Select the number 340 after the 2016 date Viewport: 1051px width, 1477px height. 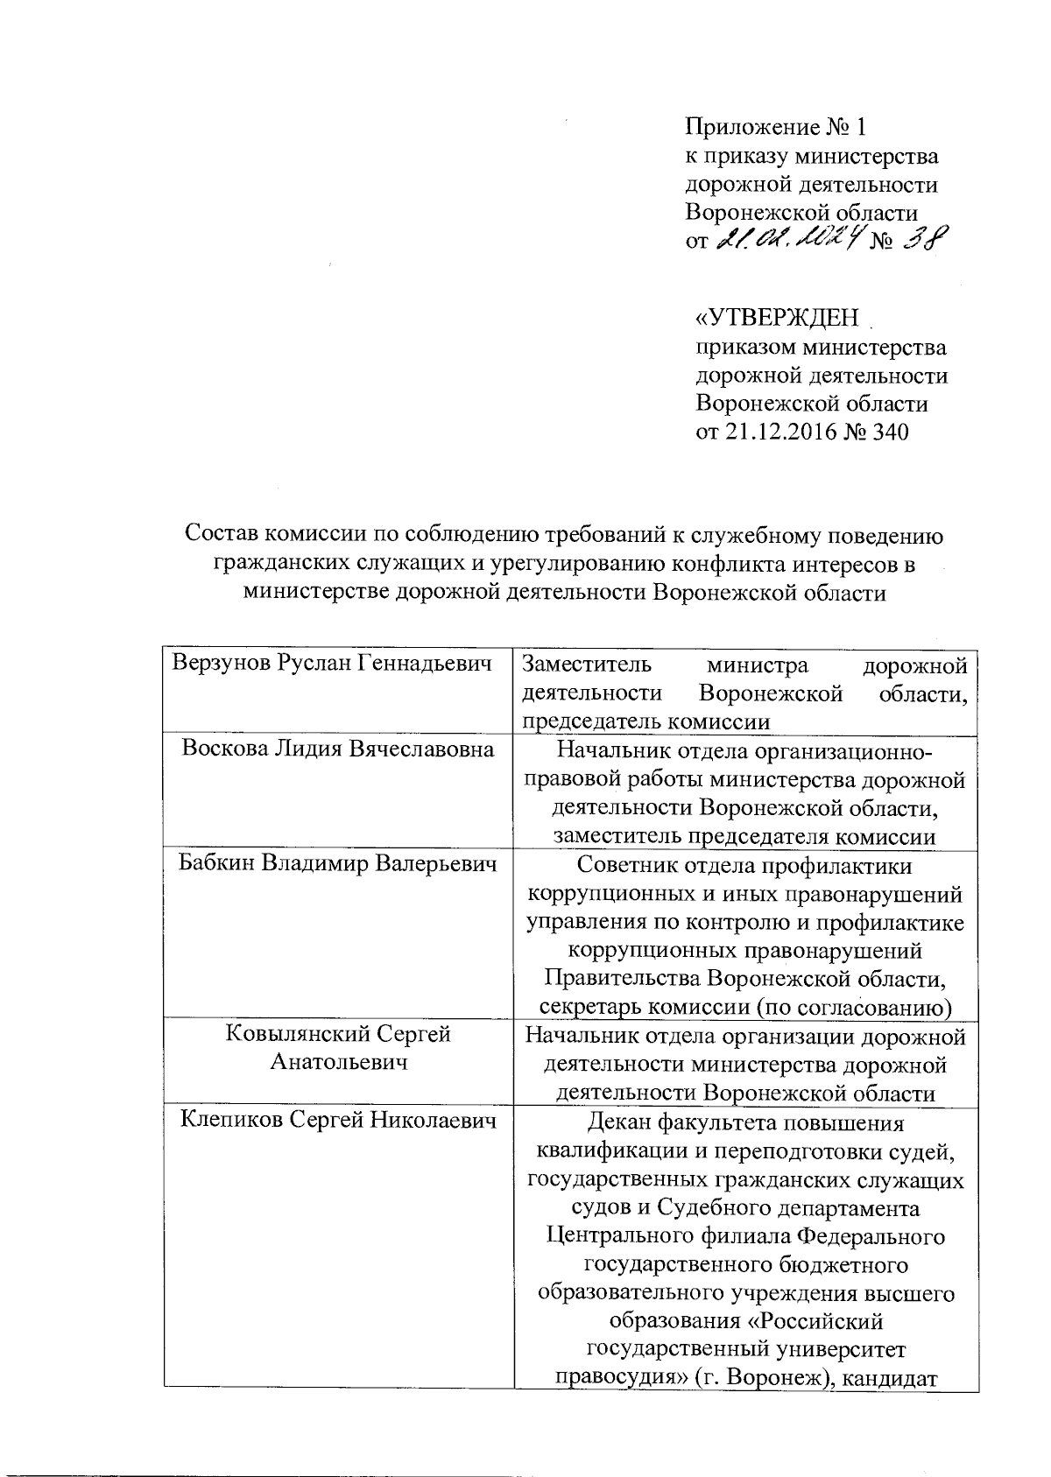coord(889,432)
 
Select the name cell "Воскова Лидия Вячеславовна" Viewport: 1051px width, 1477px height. coord(338,749)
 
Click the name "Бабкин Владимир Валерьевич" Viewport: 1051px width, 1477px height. coord(338,865)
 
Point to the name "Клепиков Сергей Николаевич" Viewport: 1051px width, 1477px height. coord(338,1120)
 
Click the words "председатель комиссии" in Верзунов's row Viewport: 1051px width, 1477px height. coord(646,722)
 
